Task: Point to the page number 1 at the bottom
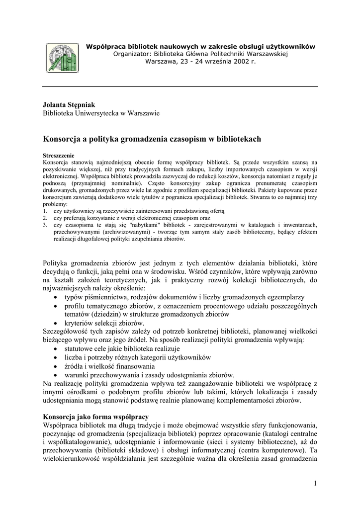tap(315, 484)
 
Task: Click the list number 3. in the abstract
tap(45, 225)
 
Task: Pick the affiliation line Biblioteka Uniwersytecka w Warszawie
tap(101, 113)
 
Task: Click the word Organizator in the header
tap(133, 54)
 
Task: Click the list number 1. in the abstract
tap(45, 211)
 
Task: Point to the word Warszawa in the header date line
tap(161, 61)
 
